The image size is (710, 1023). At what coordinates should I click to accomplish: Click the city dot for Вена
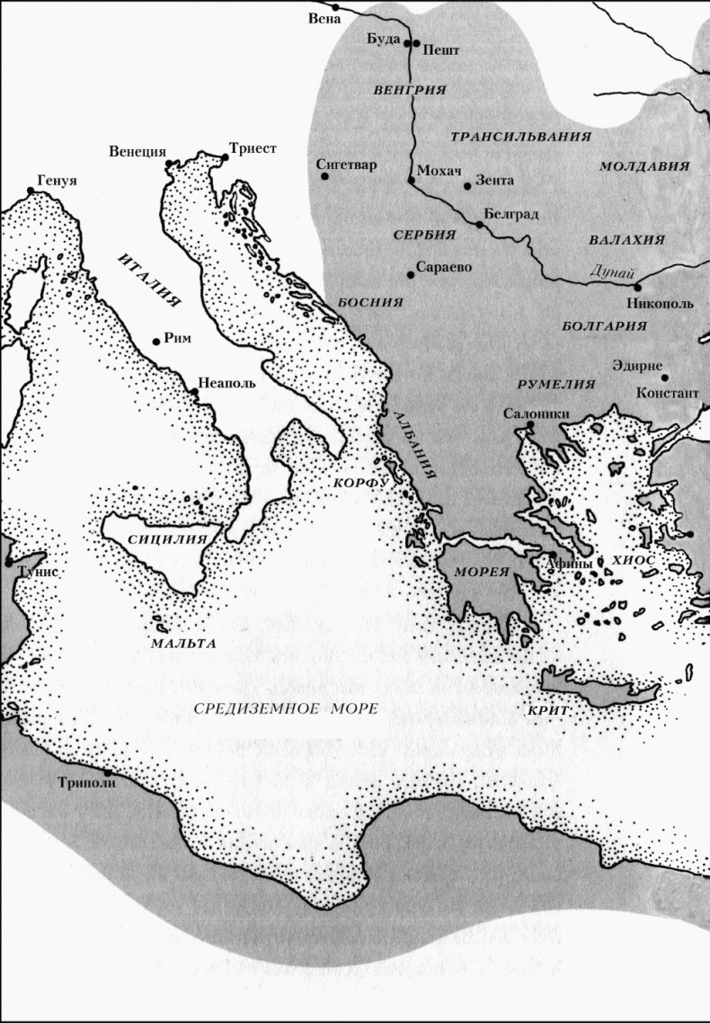(335, 7)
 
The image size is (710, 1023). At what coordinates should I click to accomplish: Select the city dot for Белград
(480, 224)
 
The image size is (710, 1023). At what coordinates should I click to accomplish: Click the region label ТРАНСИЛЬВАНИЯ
(520, 137)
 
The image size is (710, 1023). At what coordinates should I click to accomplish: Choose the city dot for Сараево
(411, 274)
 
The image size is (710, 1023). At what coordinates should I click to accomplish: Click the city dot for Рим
(157, 341)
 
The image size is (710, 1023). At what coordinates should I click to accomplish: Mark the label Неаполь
(226, 381)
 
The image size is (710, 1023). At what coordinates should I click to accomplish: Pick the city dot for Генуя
(31, 191)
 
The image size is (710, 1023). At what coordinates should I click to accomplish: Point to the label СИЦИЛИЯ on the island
(156, 539)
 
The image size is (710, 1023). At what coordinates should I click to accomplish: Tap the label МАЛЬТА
(182, 645)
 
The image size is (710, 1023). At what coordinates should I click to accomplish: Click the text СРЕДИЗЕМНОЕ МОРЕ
(285, 707)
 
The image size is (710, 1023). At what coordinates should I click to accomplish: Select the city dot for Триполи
(107, 771)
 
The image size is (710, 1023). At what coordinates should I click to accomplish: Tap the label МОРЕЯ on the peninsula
(475, 572)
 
